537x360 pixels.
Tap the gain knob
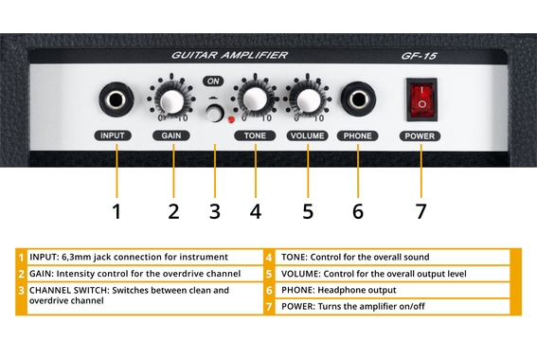coord(171,100)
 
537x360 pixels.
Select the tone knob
coord(254,99)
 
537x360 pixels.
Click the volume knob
coord(306,99)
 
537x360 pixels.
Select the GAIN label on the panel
coord(171,135)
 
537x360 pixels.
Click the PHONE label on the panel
coord(358,135)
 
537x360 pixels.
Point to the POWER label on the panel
coord(421,135)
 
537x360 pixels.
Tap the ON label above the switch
coord(214,82)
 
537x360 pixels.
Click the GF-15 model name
coord(419,57)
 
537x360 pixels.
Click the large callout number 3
coord(215,210)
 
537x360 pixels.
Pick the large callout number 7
coord(421,210)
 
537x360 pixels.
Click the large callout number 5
coord(307,210)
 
